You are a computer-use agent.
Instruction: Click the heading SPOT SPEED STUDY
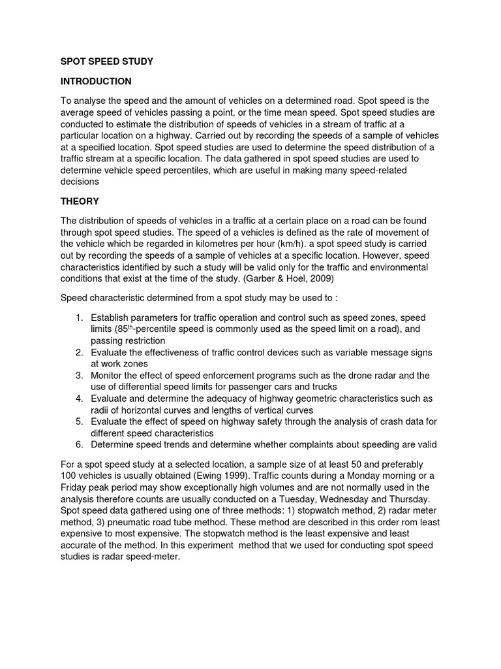tap(106, 61)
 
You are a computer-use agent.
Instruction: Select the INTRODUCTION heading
tap(96, 82)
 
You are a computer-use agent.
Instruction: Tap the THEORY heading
tap(80, 201)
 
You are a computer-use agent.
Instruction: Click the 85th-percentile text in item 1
tap(140, 329)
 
